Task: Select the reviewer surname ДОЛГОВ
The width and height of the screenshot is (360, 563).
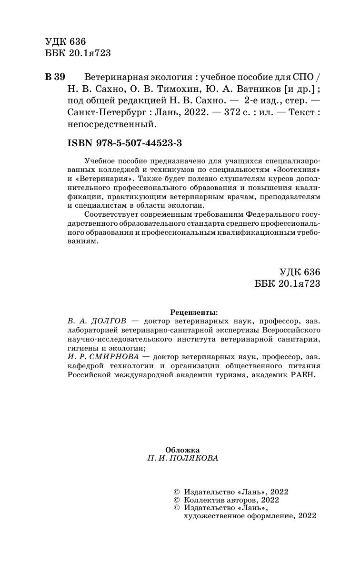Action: tap(108, 322)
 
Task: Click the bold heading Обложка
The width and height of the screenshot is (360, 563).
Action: tap(182, 449)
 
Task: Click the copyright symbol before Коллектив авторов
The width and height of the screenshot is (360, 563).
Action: tap(177, 500)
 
